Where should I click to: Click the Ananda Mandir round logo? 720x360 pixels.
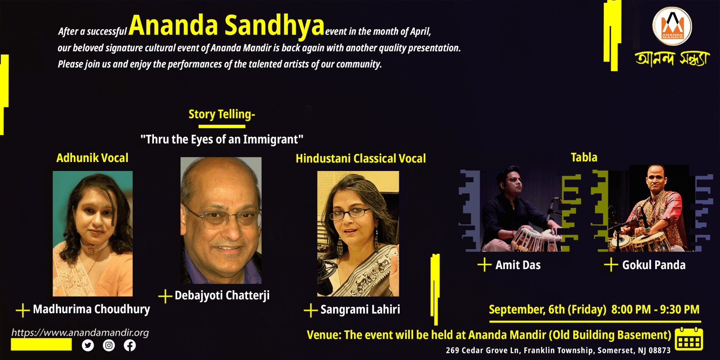[672, 26]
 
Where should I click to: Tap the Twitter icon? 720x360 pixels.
[88, 345]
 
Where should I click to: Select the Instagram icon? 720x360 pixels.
[109, 345]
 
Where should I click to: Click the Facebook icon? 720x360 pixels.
[130, 345]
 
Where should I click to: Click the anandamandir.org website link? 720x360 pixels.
[80, 333]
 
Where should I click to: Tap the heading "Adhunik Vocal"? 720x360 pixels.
[92, 158]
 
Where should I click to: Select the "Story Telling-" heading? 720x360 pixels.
[221, 114]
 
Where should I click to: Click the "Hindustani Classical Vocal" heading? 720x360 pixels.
[360, 158]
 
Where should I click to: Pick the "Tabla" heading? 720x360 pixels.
[584, 157]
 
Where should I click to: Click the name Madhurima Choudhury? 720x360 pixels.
[91, 309]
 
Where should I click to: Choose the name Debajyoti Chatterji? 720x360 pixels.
[222, 295]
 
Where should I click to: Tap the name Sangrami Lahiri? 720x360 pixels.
[360, 310]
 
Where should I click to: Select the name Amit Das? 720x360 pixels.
[518, 265]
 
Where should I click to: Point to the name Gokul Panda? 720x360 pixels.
[654, 265]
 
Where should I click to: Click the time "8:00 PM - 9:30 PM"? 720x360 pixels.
[655, 310]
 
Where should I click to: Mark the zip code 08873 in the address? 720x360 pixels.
[659, 351]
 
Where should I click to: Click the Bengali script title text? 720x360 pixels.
[672, 58]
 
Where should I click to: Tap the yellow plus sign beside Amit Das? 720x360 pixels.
[484, 265]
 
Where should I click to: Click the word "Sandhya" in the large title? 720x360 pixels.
[274, 26]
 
